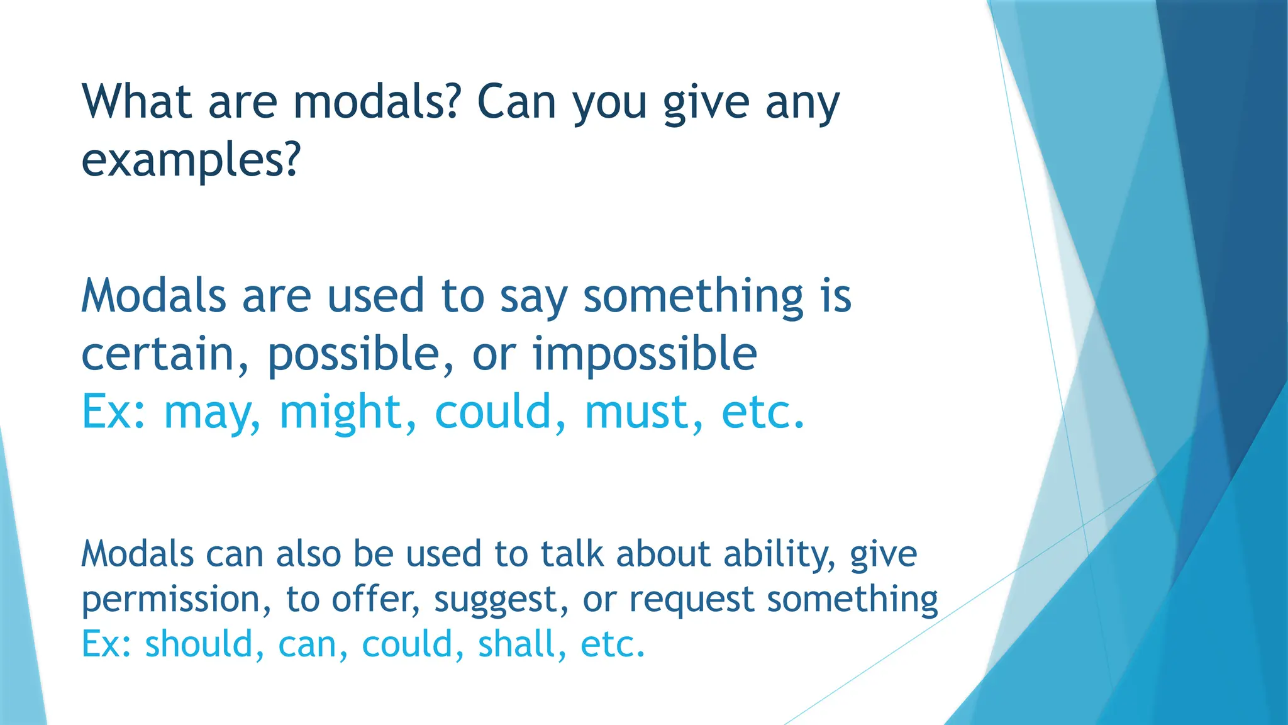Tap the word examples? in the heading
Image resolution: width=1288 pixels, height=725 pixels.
(191, 160)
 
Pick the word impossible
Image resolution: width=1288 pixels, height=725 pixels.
(645, 354)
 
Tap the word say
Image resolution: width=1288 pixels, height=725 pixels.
(533, 297)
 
